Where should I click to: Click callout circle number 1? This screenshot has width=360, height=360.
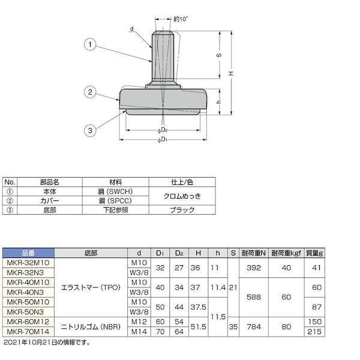pyautogui.click(x=90, y=44)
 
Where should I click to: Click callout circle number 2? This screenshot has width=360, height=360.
pyautogui.click(x=90, y=92)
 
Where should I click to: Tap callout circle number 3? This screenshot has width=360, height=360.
pyautogui.click(x=90, y=130)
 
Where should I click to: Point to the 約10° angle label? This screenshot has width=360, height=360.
pyautogui.click(x=181, y=19)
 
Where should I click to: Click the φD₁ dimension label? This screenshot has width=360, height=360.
pyautogui.click(x=163, y=140)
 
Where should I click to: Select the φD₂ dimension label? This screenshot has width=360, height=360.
pyautogui.click(x=163, y=130)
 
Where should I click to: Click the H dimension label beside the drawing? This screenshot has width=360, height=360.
pyautogui.click(x=231, y=73)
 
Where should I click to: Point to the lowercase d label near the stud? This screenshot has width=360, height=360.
pyautogui.click(x=132, y=29)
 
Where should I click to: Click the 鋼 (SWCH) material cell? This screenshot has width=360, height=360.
pyautogui.click(x=115, y=191)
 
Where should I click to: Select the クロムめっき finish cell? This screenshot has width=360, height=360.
pyautogui.click(x=182, y=196)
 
